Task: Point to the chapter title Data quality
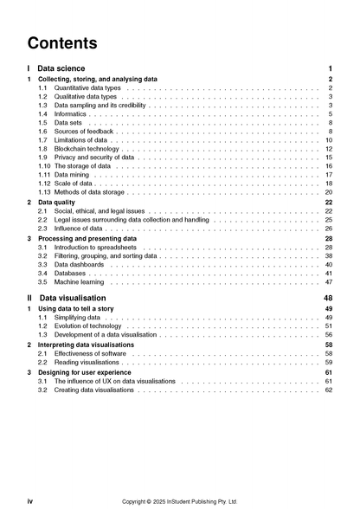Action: [x=61, y=202]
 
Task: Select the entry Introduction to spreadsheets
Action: [x=94, y=247]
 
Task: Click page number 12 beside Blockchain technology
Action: [x=329, y=149]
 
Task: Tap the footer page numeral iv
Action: [x=30, y=500]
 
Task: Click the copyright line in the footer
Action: [x=180, y=500]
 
